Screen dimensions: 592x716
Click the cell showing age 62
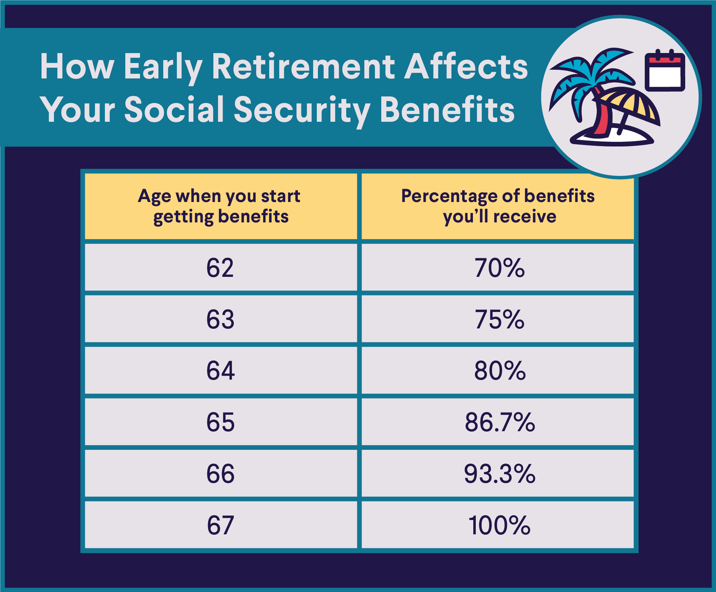220,268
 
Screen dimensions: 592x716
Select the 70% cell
499,268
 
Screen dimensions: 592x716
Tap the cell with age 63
220,319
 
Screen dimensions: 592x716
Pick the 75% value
499,319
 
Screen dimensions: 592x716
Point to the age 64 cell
220,371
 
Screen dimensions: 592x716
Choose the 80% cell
499,371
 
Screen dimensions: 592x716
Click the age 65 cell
220,422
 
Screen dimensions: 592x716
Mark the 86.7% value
499,422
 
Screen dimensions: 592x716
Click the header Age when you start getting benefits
220,206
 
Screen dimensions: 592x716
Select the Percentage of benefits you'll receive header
498,206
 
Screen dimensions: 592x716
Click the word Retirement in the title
303,67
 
